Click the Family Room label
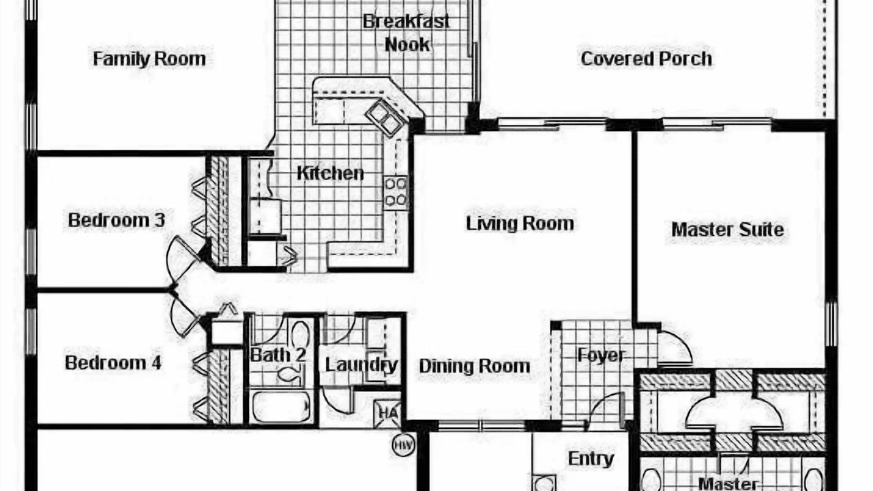tap(149, 59)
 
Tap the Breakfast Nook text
tap(406, 33)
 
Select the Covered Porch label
tap(646, 59)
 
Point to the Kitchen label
tap(330, 173)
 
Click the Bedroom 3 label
tap(116, 220)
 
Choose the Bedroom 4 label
tap(113, 363)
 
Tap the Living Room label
tap(520, 223)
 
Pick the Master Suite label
tap(728, 230)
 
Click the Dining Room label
tap(474, 366)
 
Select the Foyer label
tap(602, 355)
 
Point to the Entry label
tap(591, 459)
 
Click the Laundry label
tap(361, 365)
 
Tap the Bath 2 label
tap(278, 355)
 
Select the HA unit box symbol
tap(387, 413)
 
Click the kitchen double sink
tap(385, 117)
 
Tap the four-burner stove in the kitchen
tap(396, 192)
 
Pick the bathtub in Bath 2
tap(281, 407)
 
